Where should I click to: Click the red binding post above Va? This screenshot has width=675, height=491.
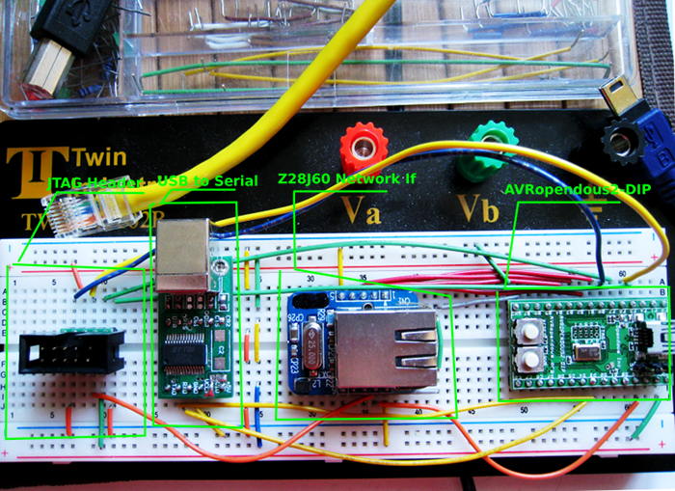[x=365, y=148]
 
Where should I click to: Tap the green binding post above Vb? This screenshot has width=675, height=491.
[x=493, y=146]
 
